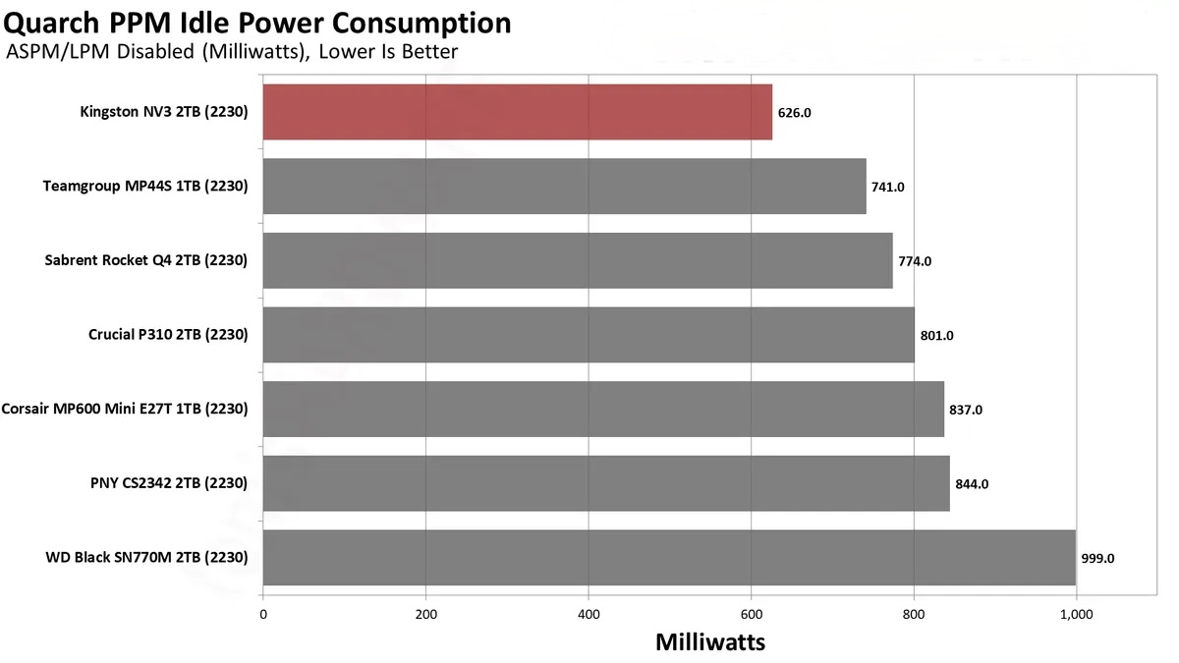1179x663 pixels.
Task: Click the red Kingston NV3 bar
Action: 517,112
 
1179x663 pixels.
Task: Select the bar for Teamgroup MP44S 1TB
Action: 564,187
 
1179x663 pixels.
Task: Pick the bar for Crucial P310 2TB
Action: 589,335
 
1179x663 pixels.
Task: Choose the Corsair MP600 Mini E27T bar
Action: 603,409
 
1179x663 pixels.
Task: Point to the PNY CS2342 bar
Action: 606,483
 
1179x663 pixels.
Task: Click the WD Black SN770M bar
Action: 669,558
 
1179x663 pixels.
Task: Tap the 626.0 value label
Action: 794,113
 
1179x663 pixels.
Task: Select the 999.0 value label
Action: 1097,558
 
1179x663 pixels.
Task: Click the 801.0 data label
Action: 936,336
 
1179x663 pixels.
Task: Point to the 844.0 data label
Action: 972,484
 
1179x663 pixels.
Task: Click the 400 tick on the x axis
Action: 589,615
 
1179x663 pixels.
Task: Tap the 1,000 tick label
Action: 1076,615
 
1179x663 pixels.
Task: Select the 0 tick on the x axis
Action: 263,615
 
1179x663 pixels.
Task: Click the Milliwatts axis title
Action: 710,642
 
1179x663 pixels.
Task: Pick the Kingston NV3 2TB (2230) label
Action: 163,112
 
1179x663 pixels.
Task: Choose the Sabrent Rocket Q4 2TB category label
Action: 145,260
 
